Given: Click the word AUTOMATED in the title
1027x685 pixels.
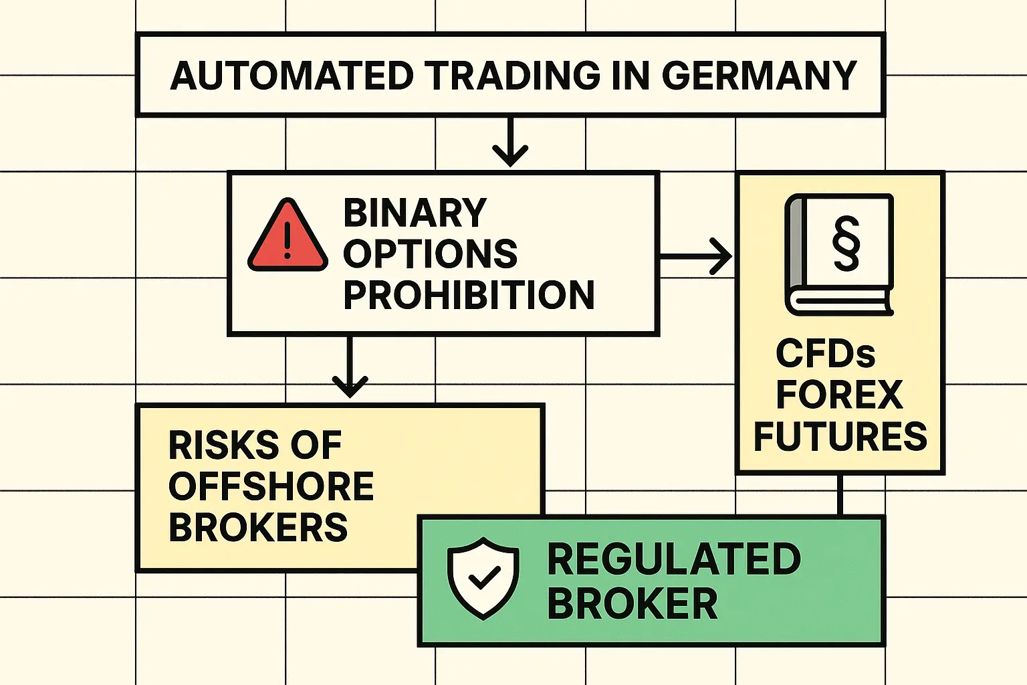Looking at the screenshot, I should [x=292, y=76].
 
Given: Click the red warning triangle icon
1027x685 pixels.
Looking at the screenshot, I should [x=288, y=236].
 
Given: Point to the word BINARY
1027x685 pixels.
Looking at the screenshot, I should [x=415, y=213].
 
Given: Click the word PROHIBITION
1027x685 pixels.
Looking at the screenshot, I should [x=469, y=295].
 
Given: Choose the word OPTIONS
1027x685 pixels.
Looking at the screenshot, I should [x=430, y=254].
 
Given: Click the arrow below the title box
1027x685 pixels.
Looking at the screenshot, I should [x=510, y=142].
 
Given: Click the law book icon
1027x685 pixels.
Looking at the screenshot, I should [x=838, y=254].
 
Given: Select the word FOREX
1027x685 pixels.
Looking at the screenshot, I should [x=839, y=395].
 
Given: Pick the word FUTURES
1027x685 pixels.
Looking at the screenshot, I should [x=840, y=436].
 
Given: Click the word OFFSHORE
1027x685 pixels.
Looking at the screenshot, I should [x=271, y=486].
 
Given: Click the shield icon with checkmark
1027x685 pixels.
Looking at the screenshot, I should [x=483, y=577].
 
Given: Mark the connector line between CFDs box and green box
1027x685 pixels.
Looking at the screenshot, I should [x=840, y=495].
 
